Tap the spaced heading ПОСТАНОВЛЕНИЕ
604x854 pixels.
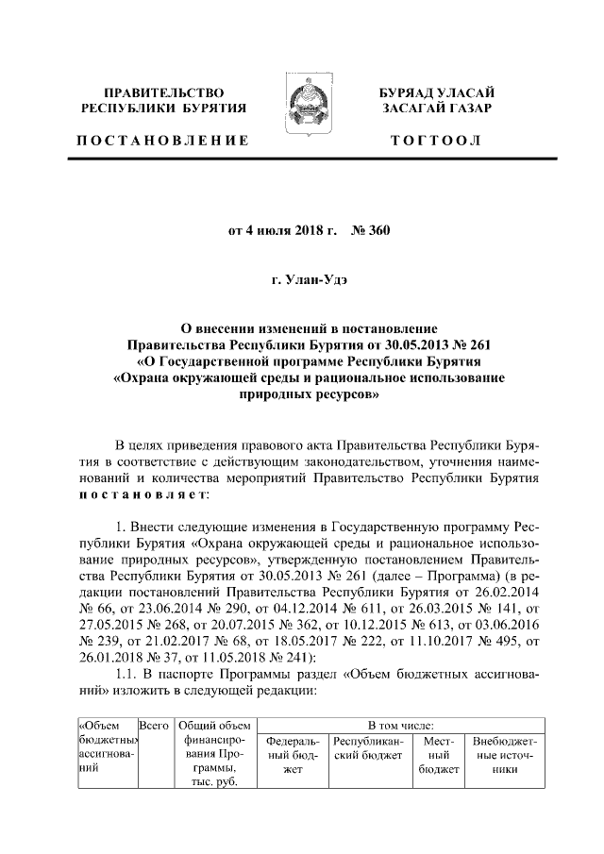point(163,141)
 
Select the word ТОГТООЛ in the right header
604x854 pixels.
point(437,141)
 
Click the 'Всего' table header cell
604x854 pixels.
point(153,725)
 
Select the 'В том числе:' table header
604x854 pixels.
point(402,725)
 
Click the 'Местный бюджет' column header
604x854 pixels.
point(435,756)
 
